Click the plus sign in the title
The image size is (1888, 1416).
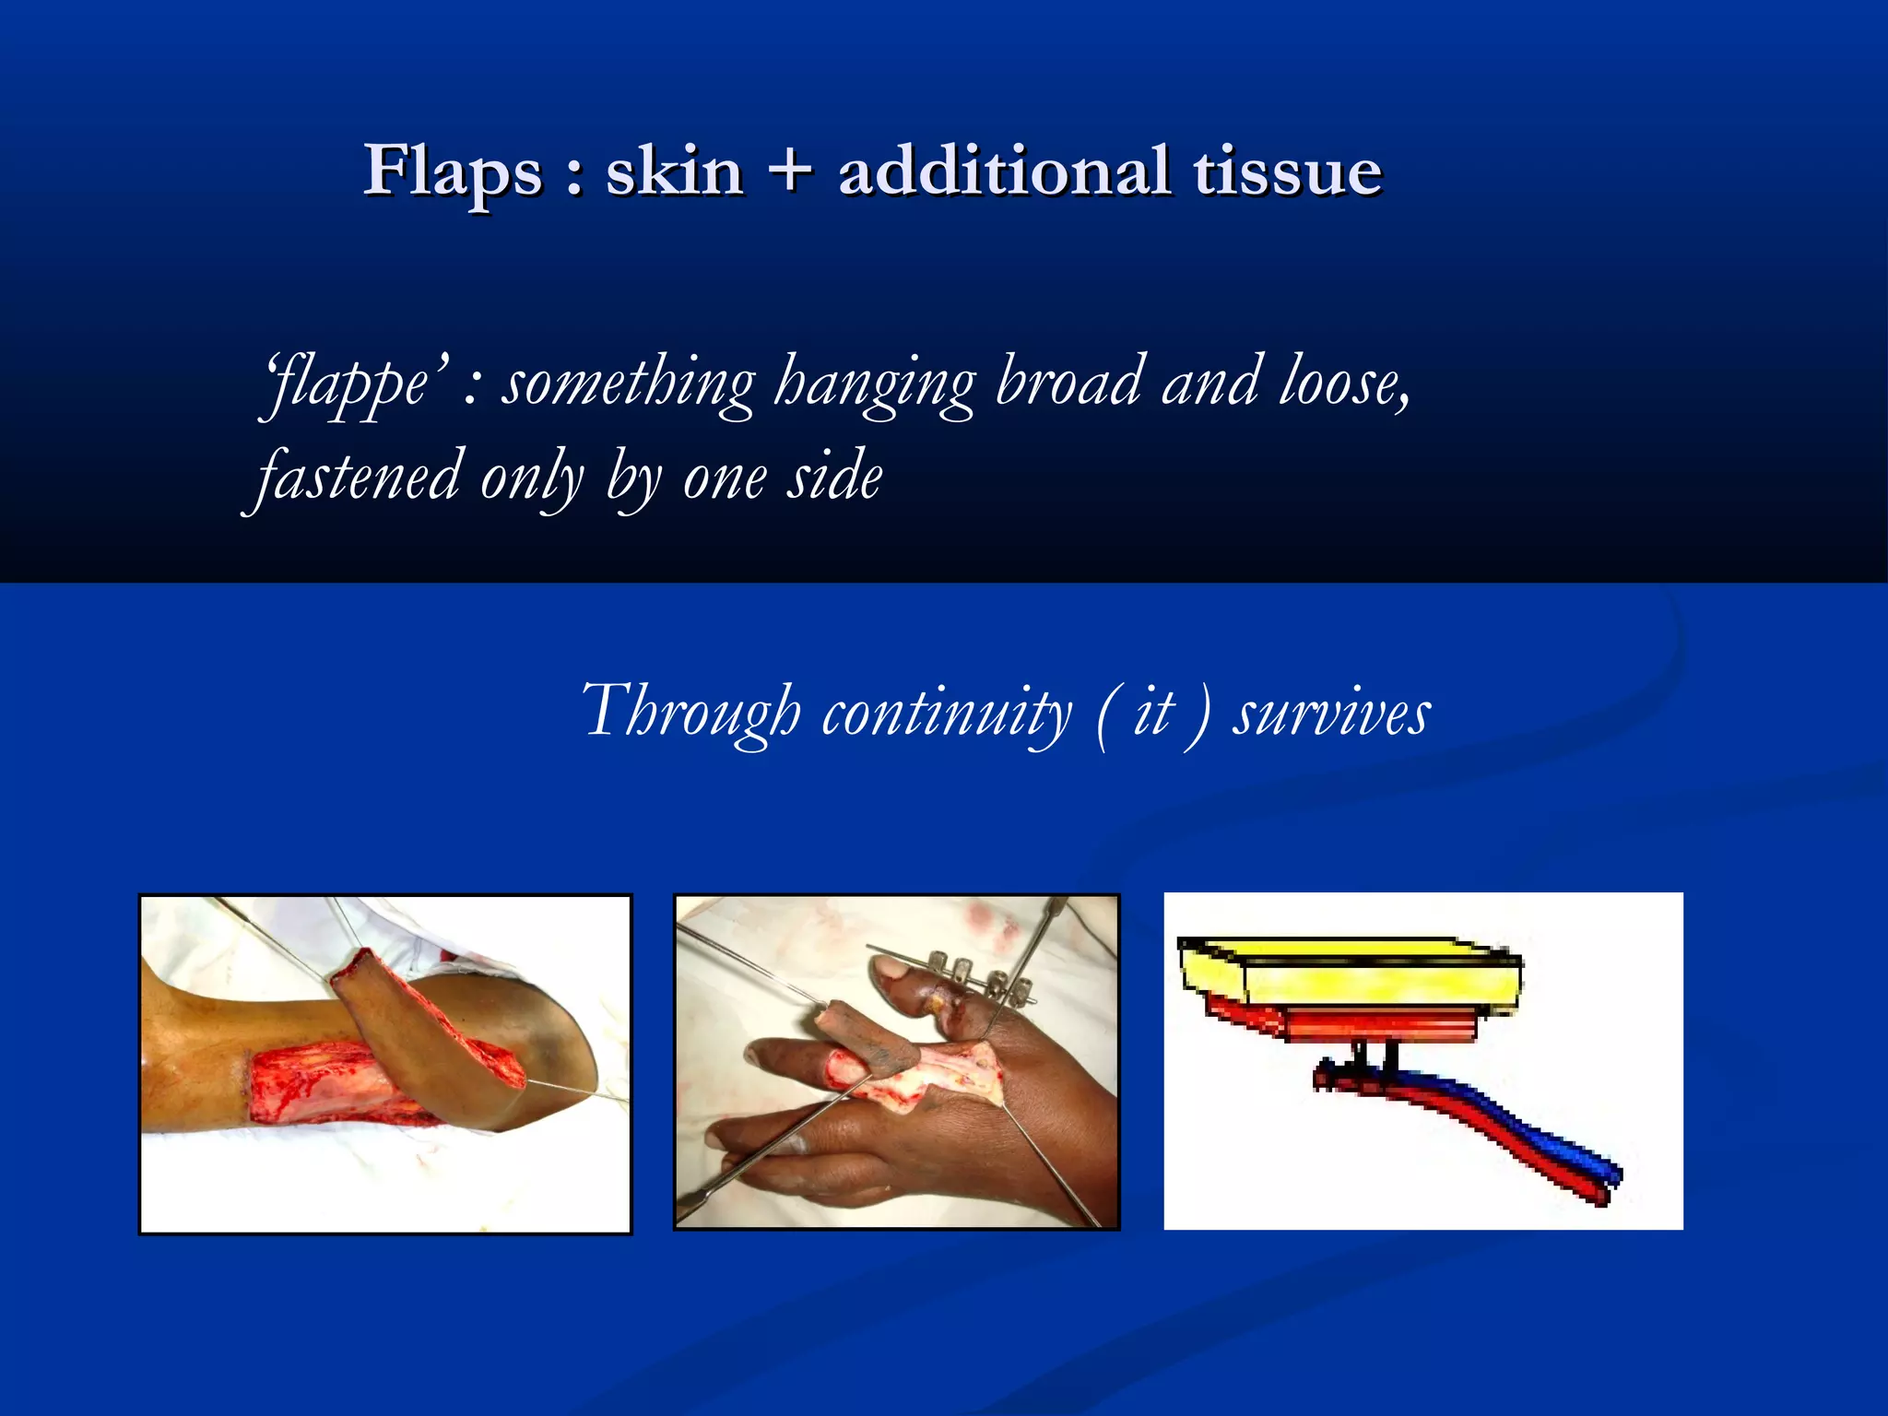[789, 171]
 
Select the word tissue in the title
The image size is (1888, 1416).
[1288, 172]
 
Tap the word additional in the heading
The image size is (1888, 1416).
[1005, 171]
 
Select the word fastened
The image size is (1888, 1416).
[358, 478]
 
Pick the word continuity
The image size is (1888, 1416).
[946, 713]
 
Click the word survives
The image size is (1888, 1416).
[1331, 713]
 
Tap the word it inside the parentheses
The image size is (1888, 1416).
[1153, 713]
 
